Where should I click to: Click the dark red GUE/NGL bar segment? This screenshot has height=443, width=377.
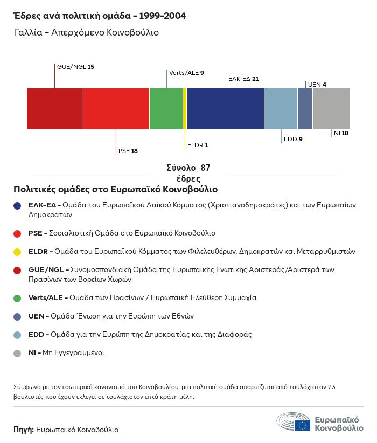pos(54,109)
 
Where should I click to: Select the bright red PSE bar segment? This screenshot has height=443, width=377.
pos(115,109)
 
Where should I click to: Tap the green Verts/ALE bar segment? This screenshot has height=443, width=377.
pos(166,109)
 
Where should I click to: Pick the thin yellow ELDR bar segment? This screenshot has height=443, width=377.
pos(185,109)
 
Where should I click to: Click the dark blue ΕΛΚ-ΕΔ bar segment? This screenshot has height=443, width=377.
pos(225,109)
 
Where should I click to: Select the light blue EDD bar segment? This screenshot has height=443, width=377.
pos(281,109)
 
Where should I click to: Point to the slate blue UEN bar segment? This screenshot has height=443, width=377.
pos(305,109)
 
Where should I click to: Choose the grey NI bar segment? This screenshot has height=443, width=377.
pos(331,109)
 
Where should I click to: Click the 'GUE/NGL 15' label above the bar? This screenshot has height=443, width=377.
pos(75,67)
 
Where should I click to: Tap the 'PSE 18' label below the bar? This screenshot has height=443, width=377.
pos(128,151)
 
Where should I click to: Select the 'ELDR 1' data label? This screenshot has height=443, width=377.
pos(197,145)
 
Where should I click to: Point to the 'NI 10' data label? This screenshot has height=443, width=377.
pos(341,133)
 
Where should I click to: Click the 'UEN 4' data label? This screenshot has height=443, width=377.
pos(317,85)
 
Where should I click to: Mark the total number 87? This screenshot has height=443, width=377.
pos(205,168)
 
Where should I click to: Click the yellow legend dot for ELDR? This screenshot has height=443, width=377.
pos(17,252)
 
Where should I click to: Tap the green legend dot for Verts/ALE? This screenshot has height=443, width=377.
pos(17,298)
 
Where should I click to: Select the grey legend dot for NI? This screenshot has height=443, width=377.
pos(17,354)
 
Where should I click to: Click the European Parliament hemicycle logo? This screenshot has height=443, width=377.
pos(294,421)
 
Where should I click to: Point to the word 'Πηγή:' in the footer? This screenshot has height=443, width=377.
pos(24,430)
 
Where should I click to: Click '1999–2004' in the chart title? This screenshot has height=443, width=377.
pos(161,16)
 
